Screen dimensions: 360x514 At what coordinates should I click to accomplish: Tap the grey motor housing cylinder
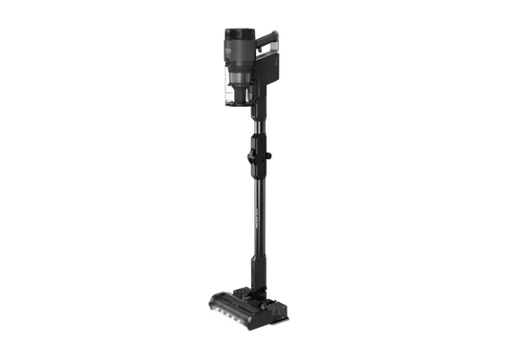pyautogui.click(x=239, y=53)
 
